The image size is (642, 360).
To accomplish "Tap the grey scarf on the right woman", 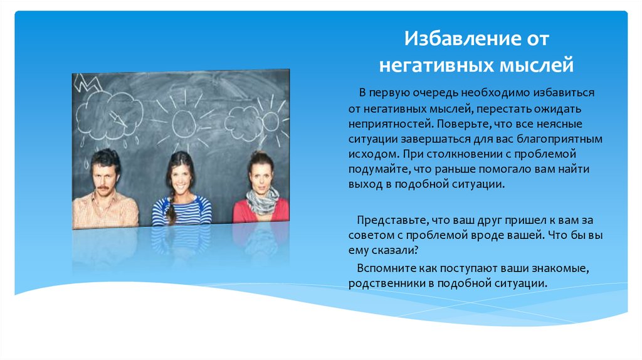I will (x=262, y=201).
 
